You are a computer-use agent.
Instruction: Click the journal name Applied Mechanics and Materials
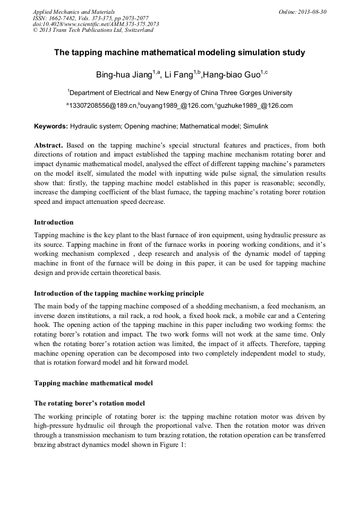click(x=73, y=11)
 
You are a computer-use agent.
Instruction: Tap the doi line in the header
click(x=96, y=24)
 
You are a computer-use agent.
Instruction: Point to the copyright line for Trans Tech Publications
click(x=92, y=30)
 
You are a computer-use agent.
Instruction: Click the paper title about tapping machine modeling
click(x=179, y=53)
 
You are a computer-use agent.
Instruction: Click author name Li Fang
click(x=178, y=75)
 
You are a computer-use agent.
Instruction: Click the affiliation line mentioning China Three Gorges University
click(x=179, y=92)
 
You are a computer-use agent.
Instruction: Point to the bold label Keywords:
click(x=51, y=127)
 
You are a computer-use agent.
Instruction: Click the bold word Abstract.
click(x=49, y=145)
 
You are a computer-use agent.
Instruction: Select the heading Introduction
click(x=54, y=222)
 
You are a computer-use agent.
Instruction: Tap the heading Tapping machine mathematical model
click(x=93, y=383)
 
